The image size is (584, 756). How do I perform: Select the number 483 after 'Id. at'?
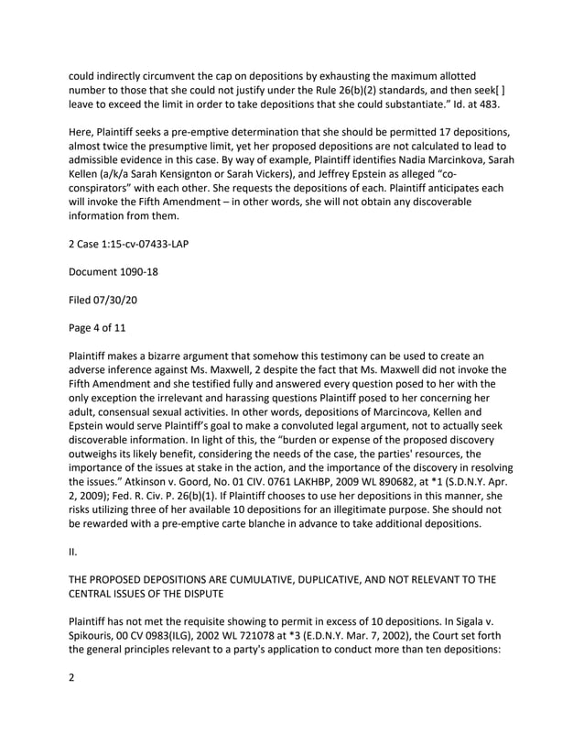(487, 105)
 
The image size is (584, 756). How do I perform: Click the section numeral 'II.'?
(72, 553)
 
